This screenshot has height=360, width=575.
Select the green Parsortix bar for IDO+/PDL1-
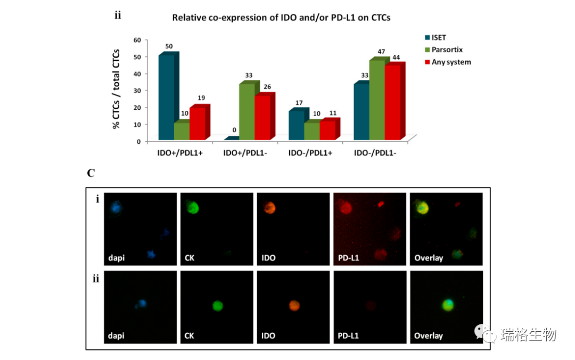point(247,112)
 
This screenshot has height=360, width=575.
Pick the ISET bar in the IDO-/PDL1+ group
point(297,126)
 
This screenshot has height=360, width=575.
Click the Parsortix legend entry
point(447,50)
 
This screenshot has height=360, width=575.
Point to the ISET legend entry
point(439,37)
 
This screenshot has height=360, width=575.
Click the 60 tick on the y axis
point(137,40)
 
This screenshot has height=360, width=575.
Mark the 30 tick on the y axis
point(137,91)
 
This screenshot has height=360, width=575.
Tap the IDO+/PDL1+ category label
point(180,153)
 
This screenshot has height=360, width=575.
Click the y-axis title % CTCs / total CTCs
point(116,89)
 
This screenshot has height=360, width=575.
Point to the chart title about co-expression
point(281,18)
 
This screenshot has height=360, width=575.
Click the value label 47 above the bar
point(381,52)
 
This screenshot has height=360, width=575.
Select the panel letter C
point(91,173)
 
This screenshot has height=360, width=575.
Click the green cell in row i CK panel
point(191,207)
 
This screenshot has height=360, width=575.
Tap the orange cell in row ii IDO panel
point(294,306)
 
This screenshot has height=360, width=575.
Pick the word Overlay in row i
point(429,258)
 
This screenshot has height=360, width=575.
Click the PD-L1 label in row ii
point(349,336)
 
